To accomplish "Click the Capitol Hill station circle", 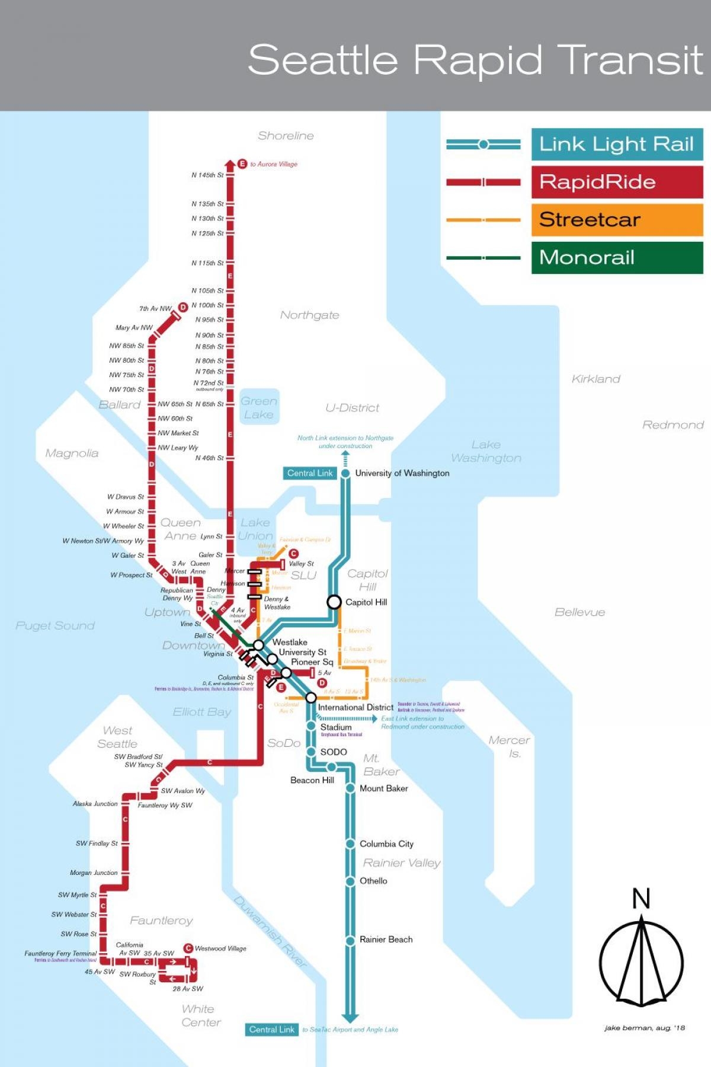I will click(334, 602).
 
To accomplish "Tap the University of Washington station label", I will click(402, 473).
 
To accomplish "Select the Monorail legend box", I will click(617, 257).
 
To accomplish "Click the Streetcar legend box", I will click(617, 220).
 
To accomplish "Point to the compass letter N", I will click(641, 899).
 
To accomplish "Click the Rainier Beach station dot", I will click(350, 940).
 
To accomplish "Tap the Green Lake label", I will click(259, 407).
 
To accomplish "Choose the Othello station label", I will click(373, 881).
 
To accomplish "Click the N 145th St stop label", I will click(207, 175).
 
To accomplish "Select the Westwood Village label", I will click(220, 948).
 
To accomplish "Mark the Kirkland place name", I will click(596, 379).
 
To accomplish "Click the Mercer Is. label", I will click(510, 746).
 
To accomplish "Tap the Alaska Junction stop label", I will click(95, 804).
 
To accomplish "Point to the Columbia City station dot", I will click(350, 844).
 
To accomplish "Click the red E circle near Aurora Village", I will click(242, 164).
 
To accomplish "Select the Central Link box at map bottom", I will click(271, 1030).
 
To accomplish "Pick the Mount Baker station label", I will click(383, 788).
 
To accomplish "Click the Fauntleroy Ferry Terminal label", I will click(60, 953).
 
